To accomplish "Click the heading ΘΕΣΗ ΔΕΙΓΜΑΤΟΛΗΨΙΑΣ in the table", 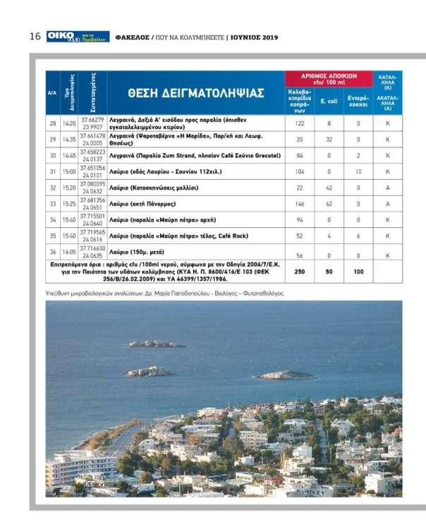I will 195,93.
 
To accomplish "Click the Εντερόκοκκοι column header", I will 358,101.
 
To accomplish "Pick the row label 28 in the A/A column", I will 52,123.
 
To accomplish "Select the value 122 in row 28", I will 299,123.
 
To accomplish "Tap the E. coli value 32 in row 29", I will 328,139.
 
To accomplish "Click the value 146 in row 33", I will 299,204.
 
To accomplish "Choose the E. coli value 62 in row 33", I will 328,204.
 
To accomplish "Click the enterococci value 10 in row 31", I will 358,171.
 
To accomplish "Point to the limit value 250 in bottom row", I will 299,272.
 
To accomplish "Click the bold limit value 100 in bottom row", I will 358,272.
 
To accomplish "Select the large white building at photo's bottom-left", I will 82,466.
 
